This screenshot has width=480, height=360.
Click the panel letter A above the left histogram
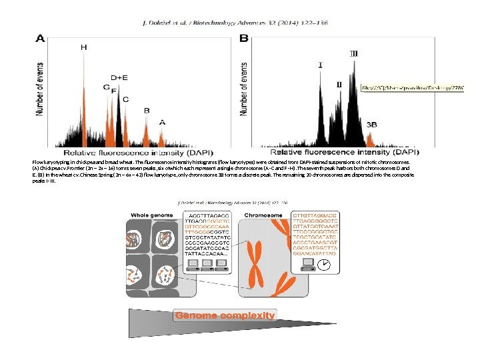click(x=41, y=39)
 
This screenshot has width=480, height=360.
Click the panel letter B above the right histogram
click(x=244, y=39)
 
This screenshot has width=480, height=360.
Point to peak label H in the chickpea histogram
click(x=83, y=47)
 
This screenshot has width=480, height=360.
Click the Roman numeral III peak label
click(x=353, y=53)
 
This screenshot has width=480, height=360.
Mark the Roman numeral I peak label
click(x=321, y=65)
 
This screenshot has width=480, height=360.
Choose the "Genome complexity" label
click(x=225, y=315)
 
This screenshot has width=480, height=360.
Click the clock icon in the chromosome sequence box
click(x=323, y=265)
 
